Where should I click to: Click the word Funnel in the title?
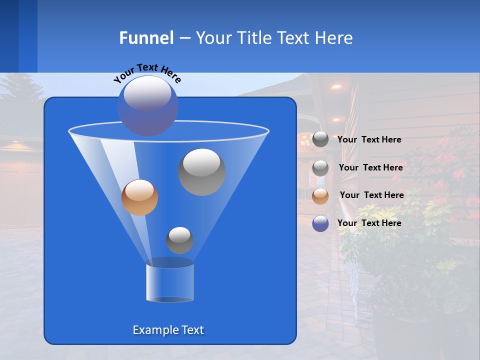(x=146, y=38)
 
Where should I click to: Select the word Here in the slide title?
(x=334, y=38)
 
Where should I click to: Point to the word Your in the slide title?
(x=213, y=38)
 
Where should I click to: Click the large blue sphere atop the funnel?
(x=147, y=105)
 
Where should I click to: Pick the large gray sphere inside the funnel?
(x=202, y=172)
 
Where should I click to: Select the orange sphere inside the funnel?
(x=139, y=197)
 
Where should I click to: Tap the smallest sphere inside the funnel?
(x=179, y=240)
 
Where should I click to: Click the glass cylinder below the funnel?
(x=169, y=282)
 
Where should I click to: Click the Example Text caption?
(x=168, y=330)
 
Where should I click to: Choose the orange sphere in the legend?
(x=320, y=196)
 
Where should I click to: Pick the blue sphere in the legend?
(x=320, y=223)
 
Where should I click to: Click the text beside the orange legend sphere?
(x=371, y=195)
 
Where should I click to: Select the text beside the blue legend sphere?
(x=369, y=223)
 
